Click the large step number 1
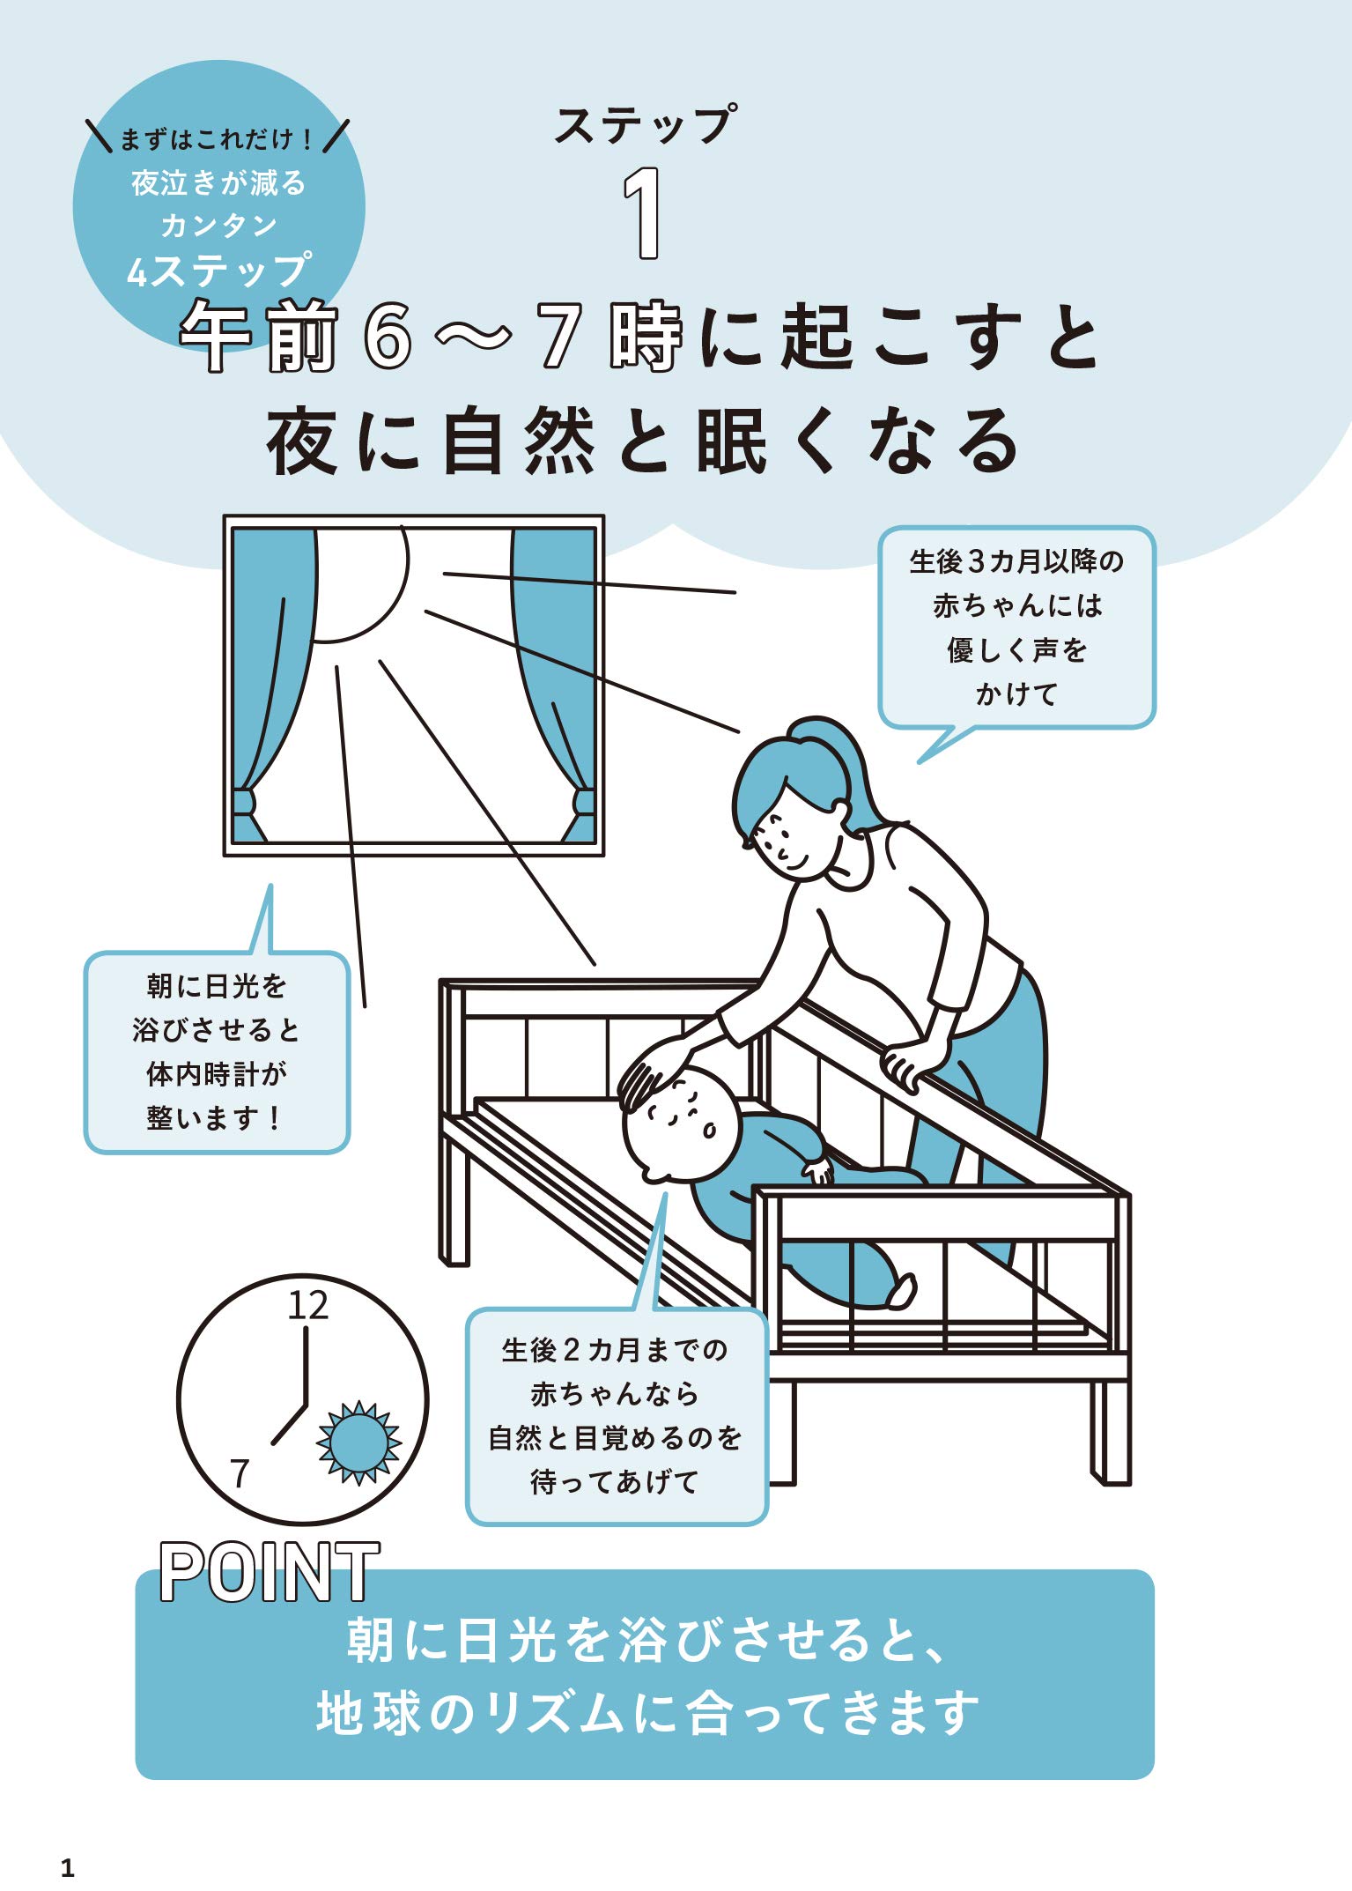644,213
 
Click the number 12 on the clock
307,1305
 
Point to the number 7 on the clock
240,1472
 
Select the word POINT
270,1573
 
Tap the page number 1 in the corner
68,1867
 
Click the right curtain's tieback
584,802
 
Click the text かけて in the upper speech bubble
1016,694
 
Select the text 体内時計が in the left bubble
217,1073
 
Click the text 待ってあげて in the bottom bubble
615,1481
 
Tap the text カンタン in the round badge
218,226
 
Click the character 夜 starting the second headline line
302,441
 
